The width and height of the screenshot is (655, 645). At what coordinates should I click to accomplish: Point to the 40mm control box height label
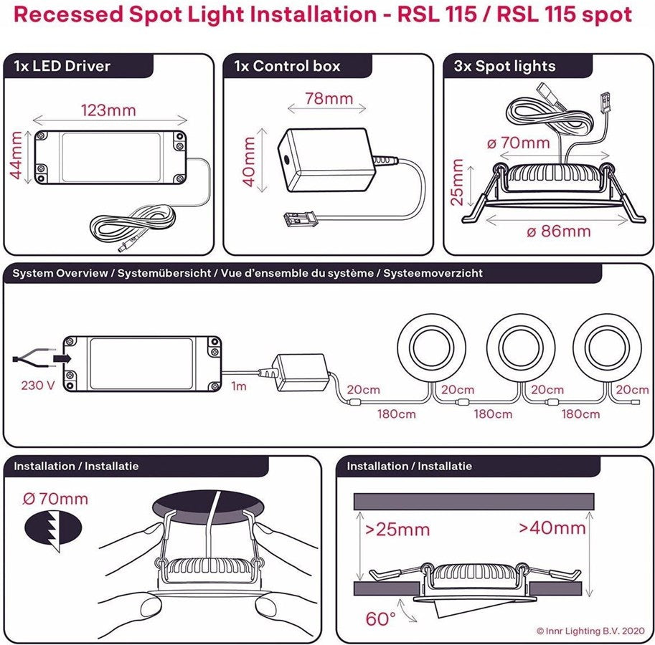(249, 163)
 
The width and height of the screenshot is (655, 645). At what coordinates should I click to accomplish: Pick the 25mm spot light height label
(457, 183)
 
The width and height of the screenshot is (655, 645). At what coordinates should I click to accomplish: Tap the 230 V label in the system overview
(38, 384)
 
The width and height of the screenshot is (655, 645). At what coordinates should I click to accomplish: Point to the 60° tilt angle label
(380, 618)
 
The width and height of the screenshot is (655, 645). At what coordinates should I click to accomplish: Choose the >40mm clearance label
(552, 528)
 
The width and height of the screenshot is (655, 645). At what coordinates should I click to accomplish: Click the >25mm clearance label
(397, 530)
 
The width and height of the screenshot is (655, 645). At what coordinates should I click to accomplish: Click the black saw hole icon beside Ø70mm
(43, 530)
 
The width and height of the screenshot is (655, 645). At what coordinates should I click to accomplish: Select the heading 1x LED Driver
(62, 67)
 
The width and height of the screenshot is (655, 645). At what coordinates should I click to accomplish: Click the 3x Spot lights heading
(505, 67)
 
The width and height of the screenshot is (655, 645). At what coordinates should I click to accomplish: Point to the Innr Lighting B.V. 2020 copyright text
(591, 631)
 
